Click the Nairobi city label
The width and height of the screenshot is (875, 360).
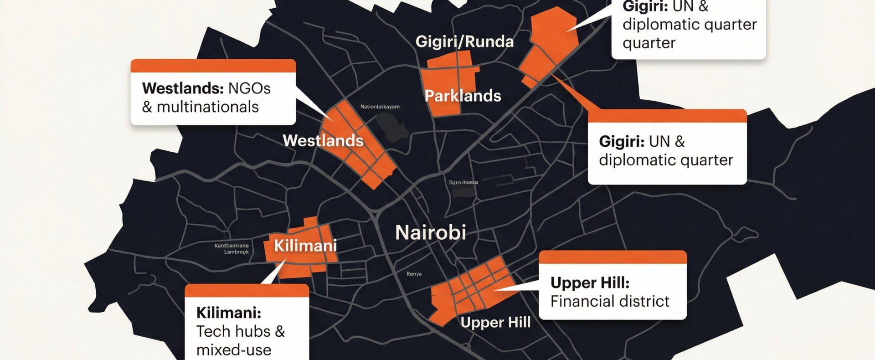click(x=430, y=233)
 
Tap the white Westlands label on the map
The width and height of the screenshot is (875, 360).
click(x=323, y=140)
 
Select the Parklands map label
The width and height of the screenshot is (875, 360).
click(x=463, y=96)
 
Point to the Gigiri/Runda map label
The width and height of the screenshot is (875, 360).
click(x=464, y=42)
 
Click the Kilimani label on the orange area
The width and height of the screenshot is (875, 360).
click(x=305, y=246)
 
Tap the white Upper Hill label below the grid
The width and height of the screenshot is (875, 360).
click(x=495, y=323)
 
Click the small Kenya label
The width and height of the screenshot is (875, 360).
click(x=414, y=274)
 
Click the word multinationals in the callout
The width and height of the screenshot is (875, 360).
click(x=207, y=107)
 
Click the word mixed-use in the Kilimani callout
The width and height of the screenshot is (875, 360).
click(x=233, y=350)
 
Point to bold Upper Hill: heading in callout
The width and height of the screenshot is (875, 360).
click(x=590, y=283)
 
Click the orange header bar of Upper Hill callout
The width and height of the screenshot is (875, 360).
click(x=612, y=257)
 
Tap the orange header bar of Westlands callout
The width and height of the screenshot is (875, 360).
click(x=213, y=66)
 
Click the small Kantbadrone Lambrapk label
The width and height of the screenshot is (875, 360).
click(x=232, y=249)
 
